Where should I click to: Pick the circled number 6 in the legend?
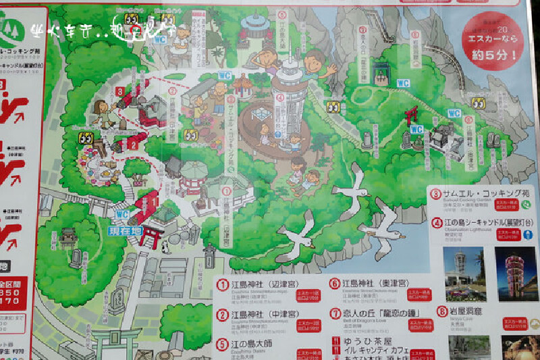(334, 284)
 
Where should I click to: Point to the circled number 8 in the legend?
(442, 311)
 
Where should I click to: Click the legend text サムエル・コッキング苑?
(479, 194)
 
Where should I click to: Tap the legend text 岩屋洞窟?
(465, 311)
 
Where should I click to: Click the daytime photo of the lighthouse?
(464, 273)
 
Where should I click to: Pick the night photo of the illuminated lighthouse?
(516, 273)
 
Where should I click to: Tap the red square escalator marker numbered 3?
(119, 92)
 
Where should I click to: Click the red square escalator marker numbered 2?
(134, 144)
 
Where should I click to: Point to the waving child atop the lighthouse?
(314, 64)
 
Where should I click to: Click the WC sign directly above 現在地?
(122, 215)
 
